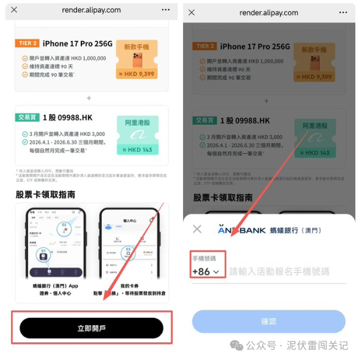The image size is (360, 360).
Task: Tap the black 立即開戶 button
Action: [91, 328]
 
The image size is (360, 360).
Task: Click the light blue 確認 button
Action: [269, 321]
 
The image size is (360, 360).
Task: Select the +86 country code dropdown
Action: [206, 271]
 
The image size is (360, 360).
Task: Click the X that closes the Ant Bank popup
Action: [197, 229]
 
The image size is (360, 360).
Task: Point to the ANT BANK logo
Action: [241, 230]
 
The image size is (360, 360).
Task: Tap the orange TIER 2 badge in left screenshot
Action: [28, 43]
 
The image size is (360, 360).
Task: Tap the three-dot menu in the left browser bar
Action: [165, 10]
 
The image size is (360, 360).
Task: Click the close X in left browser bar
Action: [14, 10]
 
